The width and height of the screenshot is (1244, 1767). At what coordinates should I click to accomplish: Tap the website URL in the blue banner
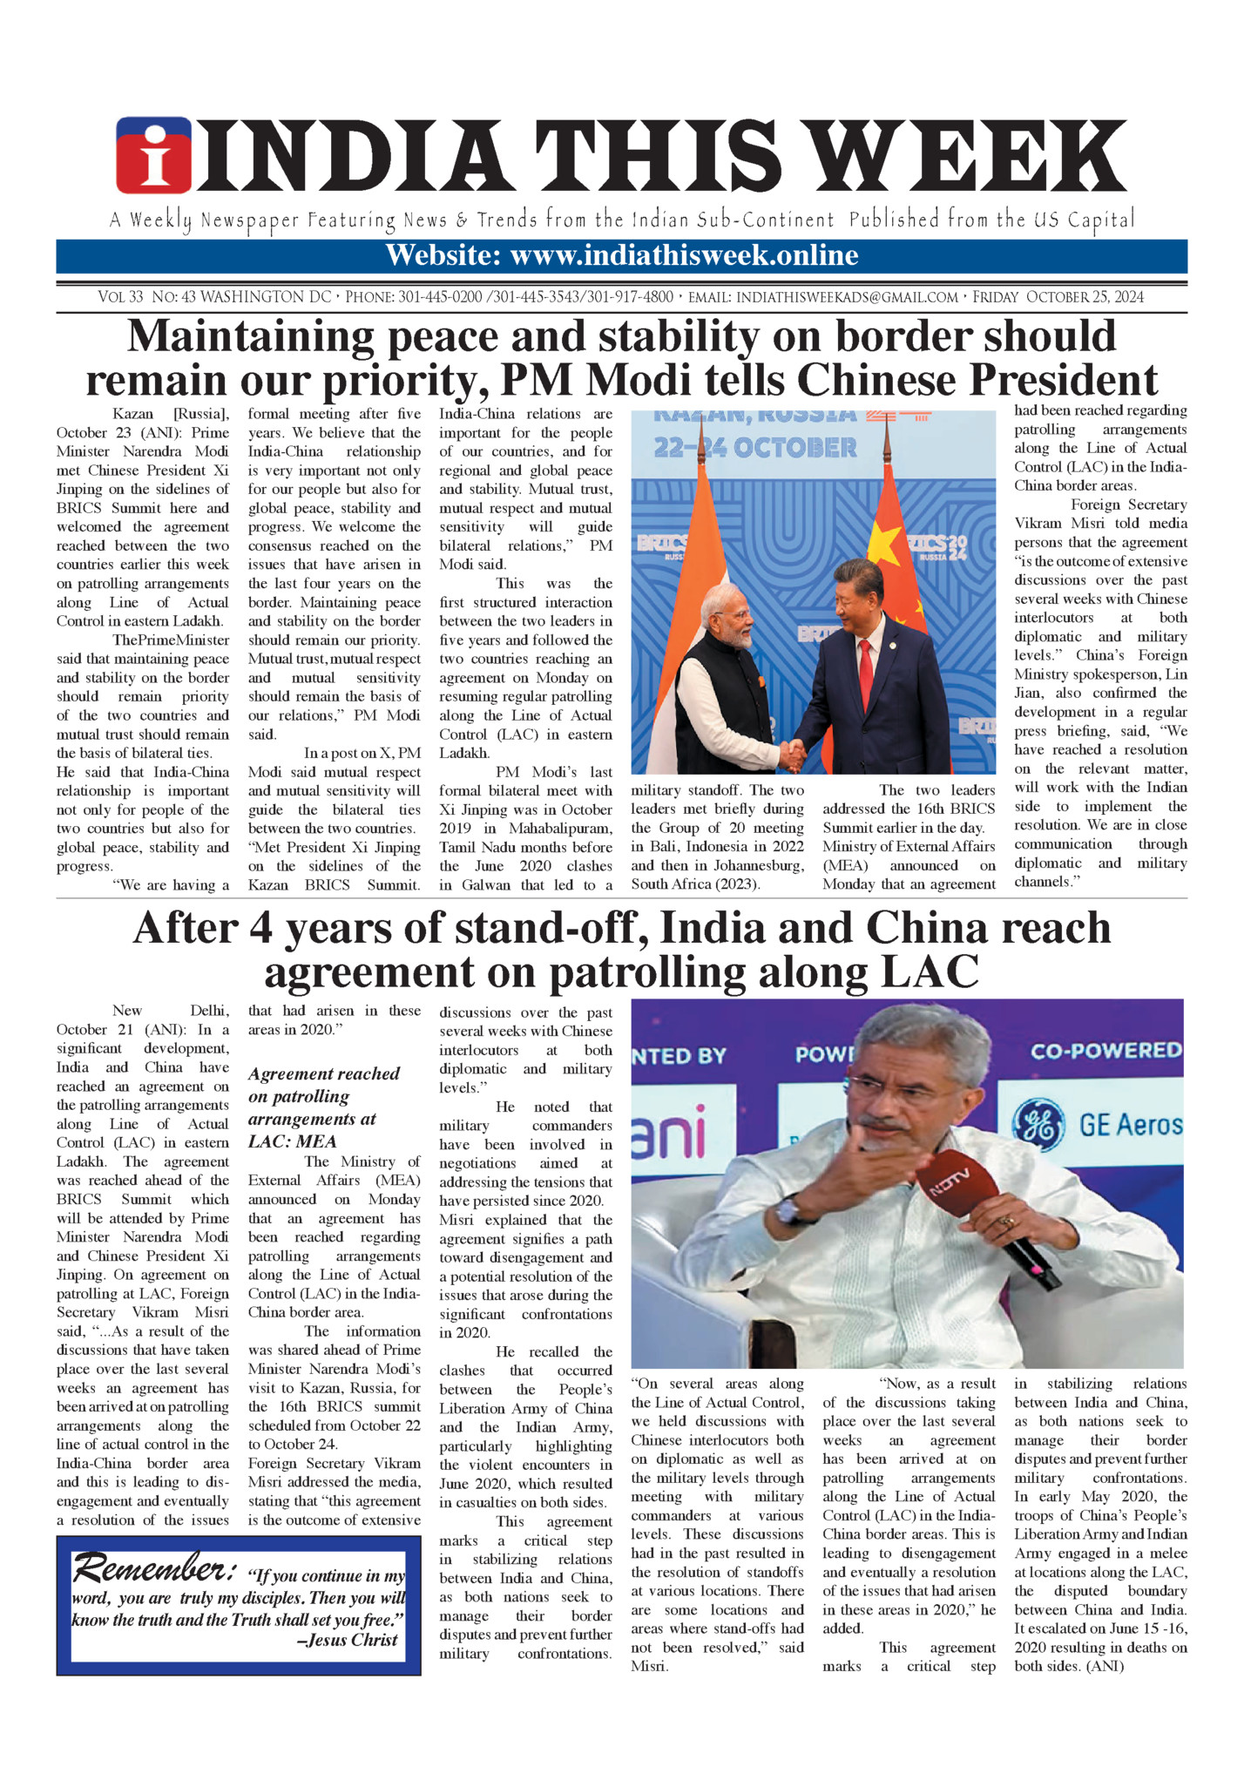[x=684, y=255]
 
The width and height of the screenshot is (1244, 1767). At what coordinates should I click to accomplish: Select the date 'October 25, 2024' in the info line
[x=1085, y=297]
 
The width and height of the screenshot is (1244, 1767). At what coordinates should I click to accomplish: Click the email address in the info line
[x=847, y=297]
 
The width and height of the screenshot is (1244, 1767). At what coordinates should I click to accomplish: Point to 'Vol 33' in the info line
[x=120, y=297]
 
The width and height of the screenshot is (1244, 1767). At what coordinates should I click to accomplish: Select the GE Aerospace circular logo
[x=1039, y=1125]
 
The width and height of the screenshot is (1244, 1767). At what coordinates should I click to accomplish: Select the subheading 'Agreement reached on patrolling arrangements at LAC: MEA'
[x=323, y=1107]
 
